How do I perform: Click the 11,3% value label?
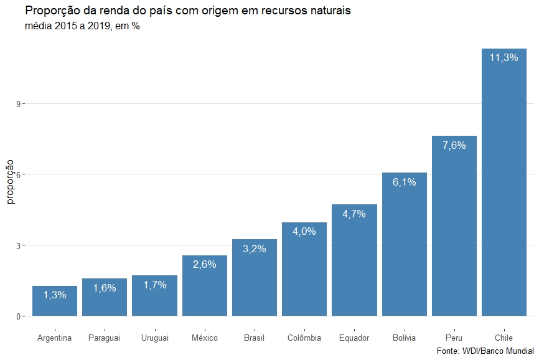point(504,58)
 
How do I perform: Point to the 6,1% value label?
point(404,182)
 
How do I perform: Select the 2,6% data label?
point(204,264)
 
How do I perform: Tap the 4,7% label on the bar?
point(354,214)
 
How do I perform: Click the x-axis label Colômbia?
point(304,338)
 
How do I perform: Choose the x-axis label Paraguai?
point(104,338)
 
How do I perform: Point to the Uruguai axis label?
point(154,338)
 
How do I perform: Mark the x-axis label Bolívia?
point(404,338)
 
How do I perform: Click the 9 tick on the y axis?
point(19,103)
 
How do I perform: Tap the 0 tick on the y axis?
point(19,316)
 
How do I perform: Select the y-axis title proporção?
point(10,181)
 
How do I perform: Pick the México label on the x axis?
point(204,338)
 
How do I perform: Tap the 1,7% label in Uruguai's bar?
point(154,285)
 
